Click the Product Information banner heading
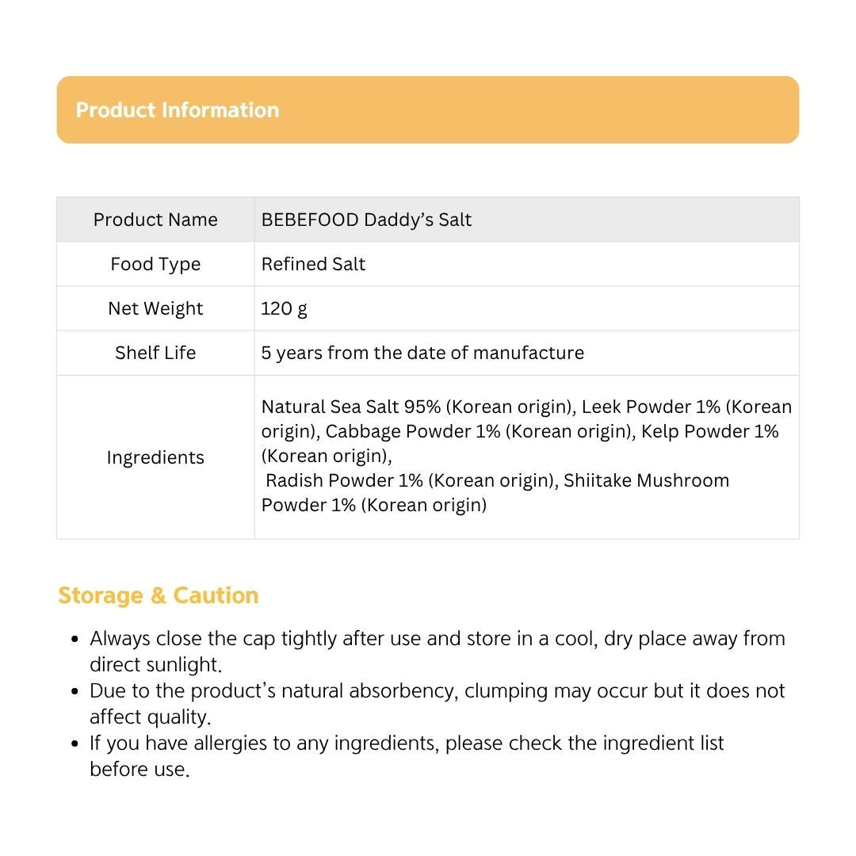tap(178, 110)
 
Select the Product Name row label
tap(155, 220)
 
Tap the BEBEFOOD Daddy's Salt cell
tap(366, 220)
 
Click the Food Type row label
tap(155, 264)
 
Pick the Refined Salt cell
tap(313, 264)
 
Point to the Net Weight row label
tap(155, 308)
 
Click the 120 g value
tap(284, 308)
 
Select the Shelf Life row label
tap(155, 353)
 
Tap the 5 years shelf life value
tap(422, 353)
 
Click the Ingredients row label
tap(155, 457)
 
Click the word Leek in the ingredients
tap(601, 407)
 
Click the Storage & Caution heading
tap(159, 595)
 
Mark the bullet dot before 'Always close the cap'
tap(75, 639)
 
